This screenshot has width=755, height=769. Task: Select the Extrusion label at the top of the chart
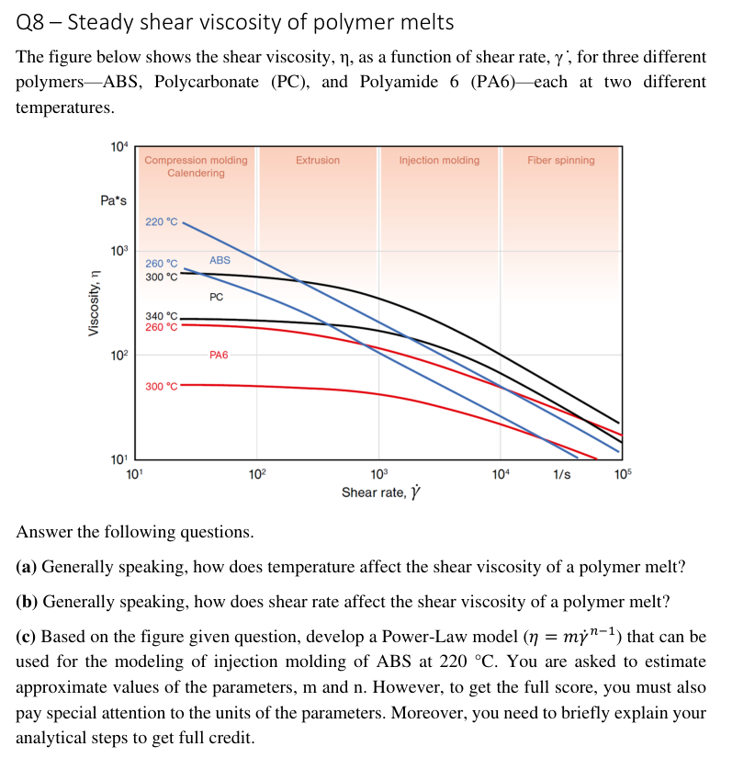click(318, 160)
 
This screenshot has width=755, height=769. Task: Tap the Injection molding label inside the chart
click(439, 160)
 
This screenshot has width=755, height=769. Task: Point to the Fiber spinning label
click(560, 160)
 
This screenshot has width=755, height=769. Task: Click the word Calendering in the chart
click(196, 173)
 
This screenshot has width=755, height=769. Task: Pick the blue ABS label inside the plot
click(220, 260)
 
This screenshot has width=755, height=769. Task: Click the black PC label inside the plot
click(216, 297)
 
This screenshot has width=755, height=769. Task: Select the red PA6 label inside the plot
click(219, 355)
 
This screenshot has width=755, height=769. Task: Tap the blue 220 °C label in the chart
click(162, 222)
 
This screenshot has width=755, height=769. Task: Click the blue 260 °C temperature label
click(162, 264)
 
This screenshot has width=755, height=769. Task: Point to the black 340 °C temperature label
click(162, 316)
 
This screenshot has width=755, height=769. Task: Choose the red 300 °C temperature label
click(162, 386)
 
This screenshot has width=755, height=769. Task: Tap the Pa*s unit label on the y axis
click(114, 200)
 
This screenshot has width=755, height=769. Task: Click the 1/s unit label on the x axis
click(561, 474)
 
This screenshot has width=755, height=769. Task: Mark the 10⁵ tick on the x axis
click(624, 473)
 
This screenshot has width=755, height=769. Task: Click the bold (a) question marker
click(28, 567)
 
